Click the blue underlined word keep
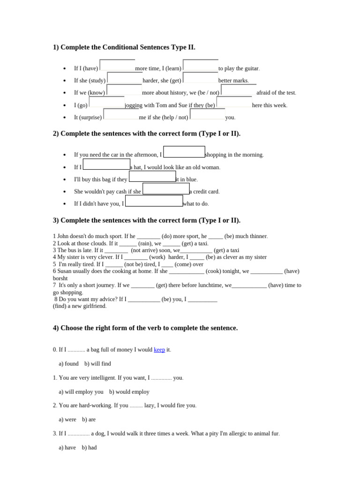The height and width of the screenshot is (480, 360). click(159, 350)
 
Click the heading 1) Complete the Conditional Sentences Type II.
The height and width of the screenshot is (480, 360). click(124, 47)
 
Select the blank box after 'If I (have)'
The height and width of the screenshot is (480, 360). click(117, 66)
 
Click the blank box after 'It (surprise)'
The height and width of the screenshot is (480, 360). click(121, 114)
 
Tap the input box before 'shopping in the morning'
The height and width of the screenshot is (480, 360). click(184, 152)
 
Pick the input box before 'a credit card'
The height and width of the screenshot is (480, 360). click(166, 189)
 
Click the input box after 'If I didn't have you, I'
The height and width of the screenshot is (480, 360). click(154, 201)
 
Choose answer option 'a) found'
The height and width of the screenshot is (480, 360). click(68, 364)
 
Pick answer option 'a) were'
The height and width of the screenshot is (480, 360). click(67, 420)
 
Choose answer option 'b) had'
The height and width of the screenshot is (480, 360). click(89, 448)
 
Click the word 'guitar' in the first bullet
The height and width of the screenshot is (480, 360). click(251, 68)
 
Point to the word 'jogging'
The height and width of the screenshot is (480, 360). click(134, 105)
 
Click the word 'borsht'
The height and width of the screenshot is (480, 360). click(60, 278)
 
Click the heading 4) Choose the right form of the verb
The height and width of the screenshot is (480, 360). click(145, 328)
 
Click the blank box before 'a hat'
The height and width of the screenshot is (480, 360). click(106, 165)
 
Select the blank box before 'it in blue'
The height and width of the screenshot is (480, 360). click(152, 177)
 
